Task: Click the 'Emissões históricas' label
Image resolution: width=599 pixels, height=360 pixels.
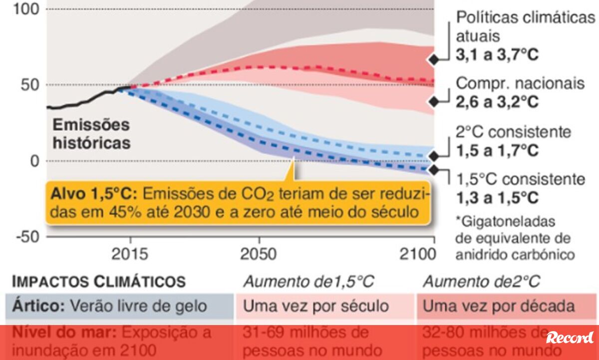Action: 91,133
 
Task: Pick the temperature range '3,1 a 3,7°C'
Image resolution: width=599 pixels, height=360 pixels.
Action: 497,54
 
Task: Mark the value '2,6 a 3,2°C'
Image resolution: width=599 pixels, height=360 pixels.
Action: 497,102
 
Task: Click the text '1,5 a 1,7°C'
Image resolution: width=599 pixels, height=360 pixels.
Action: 497,150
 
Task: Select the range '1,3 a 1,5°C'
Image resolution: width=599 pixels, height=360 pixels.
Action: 497,198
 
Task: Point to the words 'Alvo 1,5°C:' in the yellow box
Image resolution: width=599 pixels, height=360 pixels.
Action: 92,194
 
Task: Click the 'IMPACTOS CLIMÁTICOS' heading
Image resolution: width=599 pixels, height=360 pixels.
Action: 99,282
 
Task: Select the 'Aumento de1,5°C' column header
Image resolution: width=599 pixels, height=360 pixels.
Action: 308,282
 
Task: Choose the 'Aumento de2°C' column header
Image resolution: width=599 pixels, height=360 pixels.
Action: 481,282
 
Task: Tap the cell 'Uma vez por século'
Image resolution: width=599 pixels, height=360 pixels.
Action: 315,306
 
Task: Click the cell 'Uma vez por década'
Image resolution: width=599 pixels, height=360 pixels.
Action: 499,306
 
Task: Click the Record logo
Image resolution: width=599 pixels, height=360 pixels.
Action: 570,338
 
